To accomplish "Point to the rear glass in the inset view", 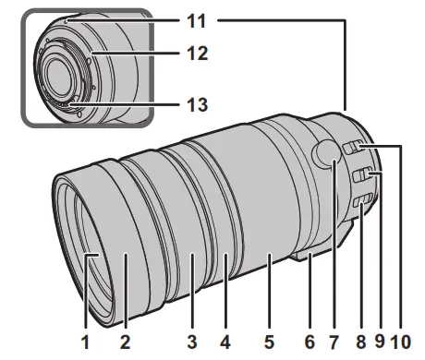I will tap(67, 81).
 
